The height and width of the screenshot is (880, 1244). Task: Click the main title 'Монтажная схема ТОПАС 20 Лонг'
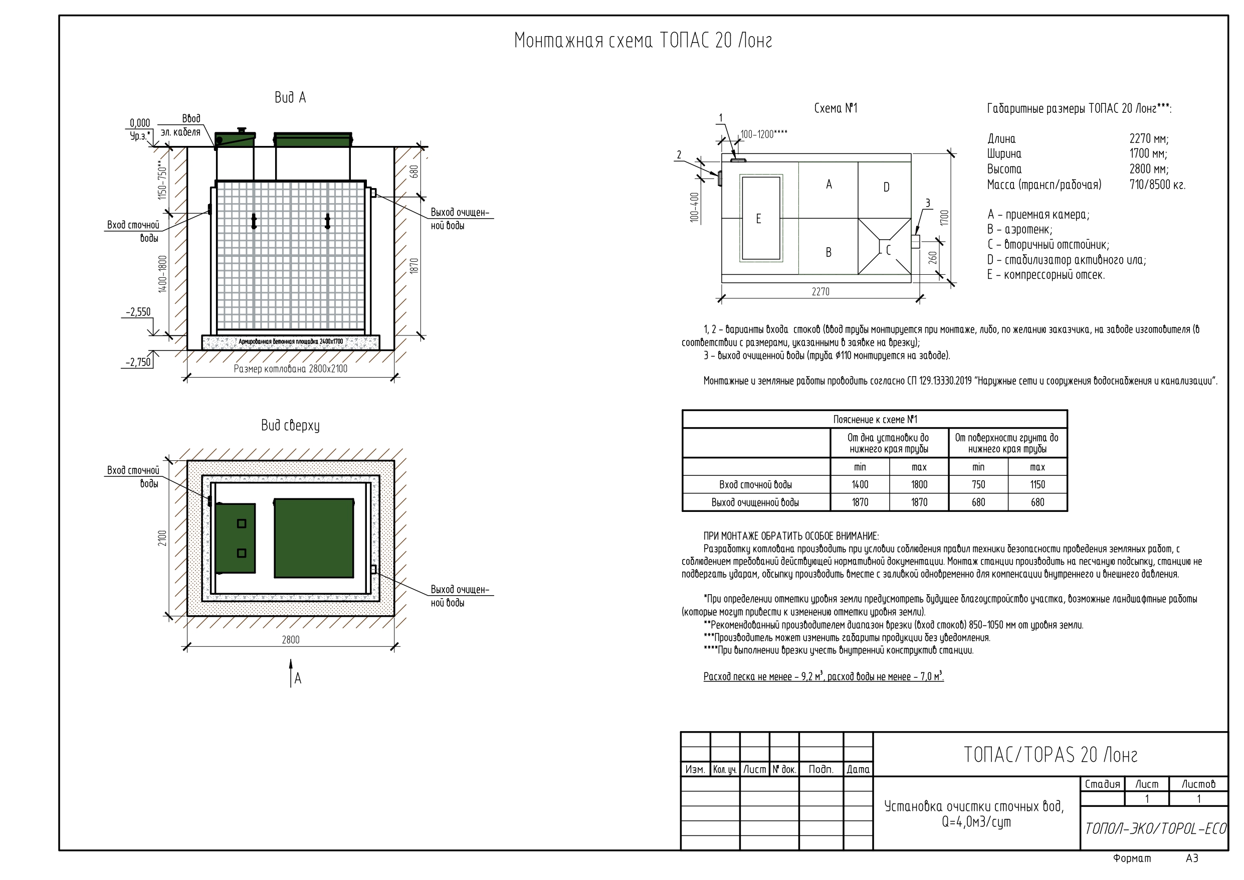click(643, 41)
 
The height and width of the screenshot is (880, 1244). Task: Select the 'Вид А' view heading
click(290, 98)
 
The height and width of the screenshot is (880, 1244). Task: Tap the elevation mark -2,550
click(138, 312)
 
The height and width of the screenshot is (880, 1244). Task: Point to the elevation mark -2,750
click(138, 362)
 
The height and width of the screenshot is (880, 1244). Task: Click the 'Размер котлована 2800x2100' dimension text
click(290, 369)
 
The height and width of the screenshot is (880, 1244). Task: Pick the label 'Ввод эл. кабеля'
click(184, 125)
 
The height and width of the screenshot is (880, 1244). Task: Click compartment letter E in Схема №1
click(758, 219)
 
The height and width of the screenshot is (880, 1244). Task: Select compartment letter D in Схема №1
click(887, 187)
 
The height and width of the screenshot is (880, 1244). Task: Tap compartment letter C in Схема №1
click(888, 250)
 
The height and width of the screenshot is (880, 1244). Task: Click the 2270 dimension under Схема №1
click(820, 292)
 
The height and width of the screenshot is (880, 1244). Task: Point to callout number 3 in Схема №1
click(928, 203)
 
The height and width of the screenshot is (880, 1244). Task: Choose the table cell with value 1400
click(860, 485)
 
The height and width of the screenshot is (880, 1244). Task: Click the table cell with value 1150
click(1037, 485)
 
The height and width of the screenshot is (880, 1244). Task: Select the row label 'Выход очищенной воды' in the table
click(755, 502)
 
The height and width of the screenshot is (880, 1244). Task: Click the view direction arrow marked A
click(292, 673)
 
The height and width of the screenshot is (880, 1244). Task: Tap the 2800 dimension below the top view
click(290, 640)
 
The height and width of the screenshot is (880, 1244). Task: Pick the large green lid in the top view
click(314, 538)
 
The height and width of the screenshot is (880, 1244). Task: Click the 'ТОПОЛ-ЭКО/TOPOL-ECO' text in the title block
click(1155, 829)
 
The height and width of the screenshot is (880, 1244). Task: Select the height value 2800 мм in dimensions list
click(1149, 168)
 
